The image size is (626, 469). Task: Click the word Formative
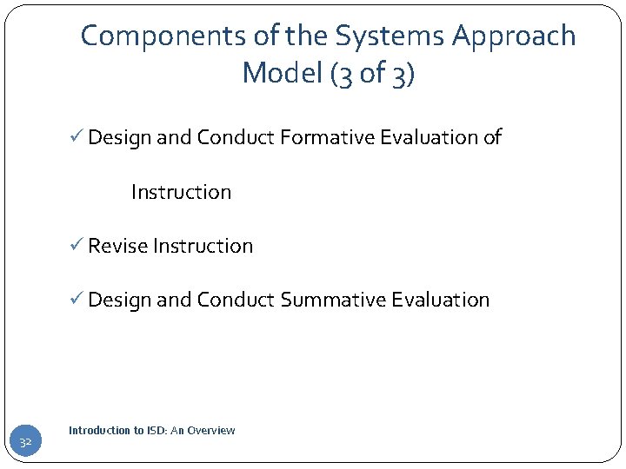(316, 137)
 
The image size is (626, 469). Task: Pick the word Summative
(334, 300)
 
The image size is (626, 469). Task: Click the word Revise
(117, 246)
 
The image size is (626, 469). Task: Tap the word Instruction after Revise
(203, 246)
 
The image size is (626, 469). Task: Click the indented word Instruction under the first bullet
(181, 192)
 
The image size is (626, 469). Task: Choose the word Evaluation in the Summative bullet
(441, 300)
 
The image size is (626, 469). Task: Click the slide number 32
(26, 444)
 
